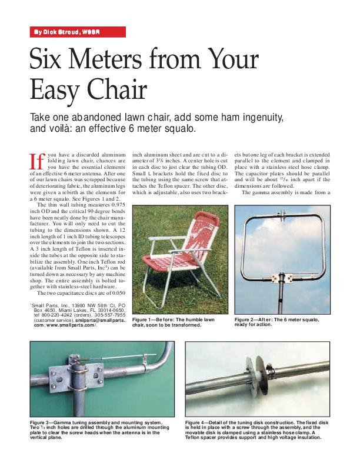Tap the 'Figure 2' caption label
pyautogui.click(x=246, y=319)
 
